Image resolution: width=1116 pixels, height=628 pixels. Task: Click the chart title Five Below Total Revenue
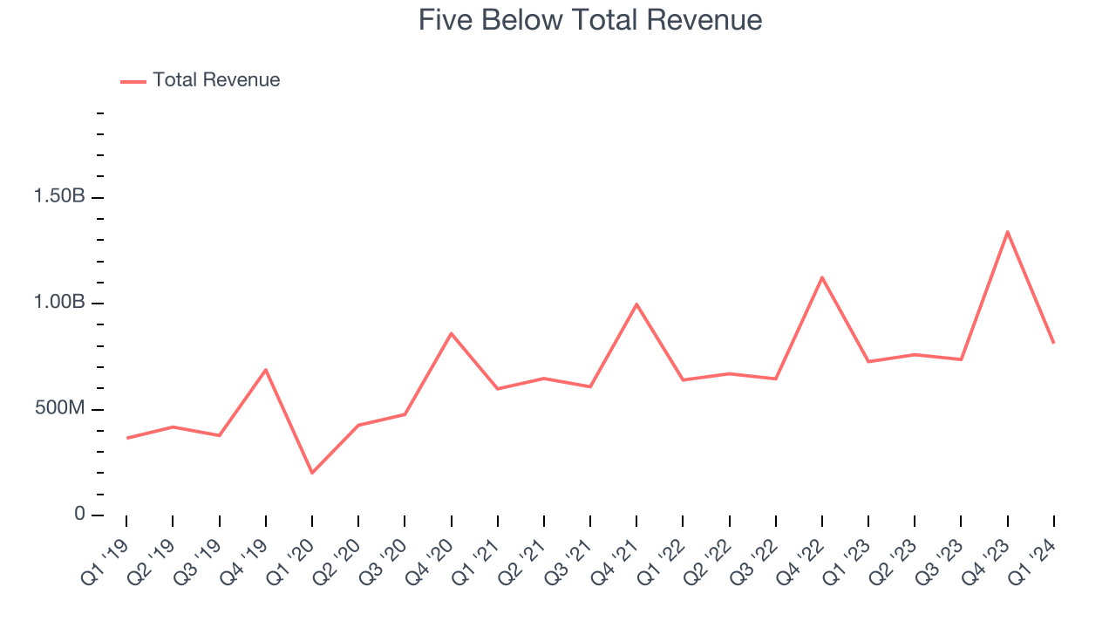tap(590, 20)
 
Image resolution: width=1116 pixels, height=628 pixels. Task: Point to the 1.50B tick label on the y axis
tap(59, 197)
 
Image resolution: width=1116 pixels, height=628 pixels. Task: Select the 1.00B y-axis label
tap(59, 304)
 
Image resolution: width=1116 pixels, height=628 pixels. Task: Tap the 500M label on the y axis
tap(59, 409)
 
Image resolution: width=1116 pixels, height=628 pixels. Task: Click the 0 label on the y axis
tap(79, 515)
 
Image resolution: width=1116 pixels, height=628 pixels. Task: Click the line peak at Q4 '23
tap(1007, 231)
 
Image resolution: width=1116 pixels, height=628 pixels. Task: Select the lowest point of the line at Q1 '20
tap(312, 473)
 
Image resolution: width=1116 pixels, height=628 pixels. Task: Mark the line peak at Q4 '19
tap(265, 370)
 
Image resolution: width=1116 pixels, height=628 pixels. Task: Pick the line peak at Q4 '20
tap(451, 333)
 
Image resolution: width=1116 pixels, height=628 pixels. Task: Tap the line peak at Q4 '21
tap(636, 304)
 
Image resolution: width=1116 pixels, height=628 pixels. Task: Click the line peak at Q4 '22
tap(822, 277)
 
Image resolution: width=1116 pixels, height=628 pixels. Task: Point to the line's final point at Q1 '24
tap(1053, 343)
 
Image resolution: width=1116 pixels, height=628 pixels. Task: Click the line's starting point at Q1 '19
tap(126, 438)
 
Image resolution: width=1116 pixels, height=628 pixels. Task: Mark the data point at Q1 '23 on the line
tap(868, 361)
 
